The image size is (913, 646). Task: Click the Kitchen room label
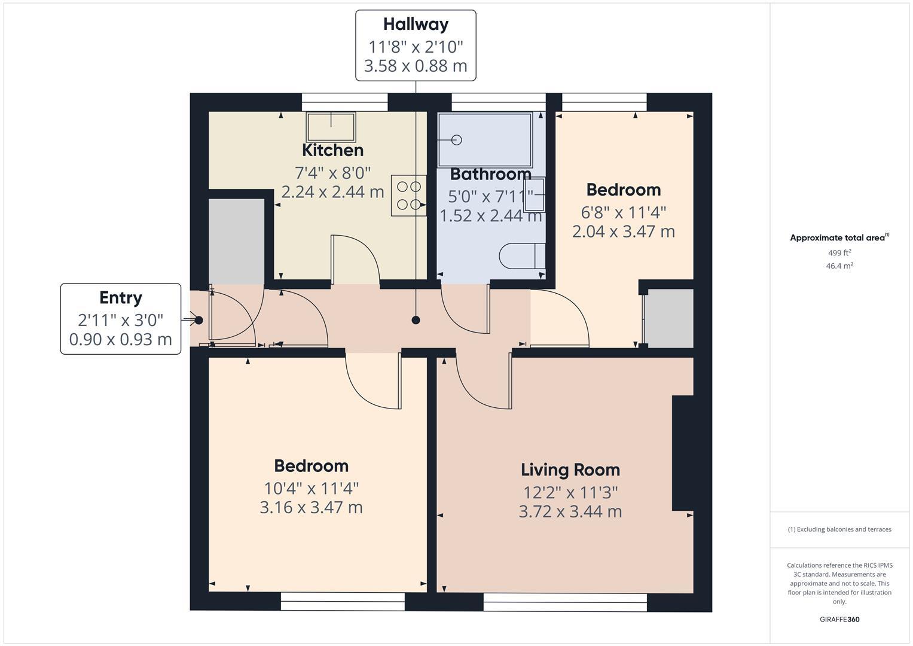click(x=332, y=150)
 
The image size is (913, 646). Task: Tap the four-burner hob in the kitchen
click(x=408, y=195)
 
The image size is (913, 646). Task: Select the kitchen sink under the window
click(x=331, y=127)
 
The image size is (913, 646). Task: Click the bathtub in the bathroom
click(x=484, y=140)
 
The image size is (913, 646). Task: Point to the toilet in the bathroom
click(x=521, y=256)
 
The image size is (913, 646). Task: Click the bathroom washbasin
click(x=534, y=195)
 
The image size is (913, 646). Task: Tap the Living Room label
click(x=570, y=470)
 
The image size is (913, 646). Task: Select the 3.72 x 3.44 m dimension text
click(x=570, y=512)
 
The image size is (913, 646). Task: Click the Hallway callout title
click(x=416, y=25)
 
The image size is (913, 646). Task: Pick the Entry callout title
click(x=121, y=298)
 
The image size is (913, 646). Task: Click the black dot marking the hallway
click(x=416, y=320)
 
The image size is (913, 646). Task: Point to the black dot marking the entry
click(x=199, y=320)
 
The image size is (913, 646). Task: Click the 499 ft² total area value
click(x=839, y=253)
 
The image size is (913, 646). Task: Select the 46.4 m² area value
click(x=839, y=266)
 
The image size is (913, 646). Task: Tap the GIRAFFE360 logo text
click(x=839, y=620)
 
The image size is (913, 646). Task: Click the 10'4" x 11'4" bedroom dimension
click(x=311, y=489)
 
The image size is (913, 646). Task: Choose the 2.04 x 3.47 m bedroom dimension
click(x=623, y=231)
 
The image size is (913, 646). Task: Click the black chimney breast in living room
click(x=682, y=453)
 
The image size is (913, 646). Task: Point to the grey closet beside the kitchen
click(x=236, y=241)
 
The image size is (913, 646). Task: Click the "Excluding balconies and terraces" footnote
click(x=839, y=529)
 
